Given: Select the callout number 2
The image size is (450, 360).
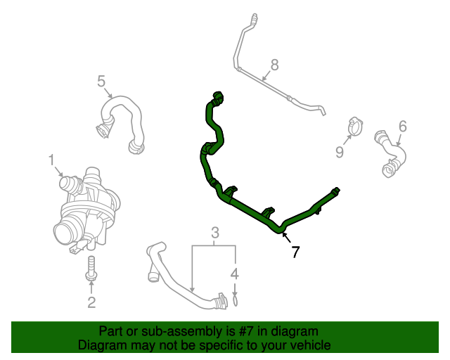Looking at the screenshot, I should pos(91,303).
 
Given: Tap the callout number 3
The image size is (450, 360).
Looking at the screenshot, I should pos(215,233).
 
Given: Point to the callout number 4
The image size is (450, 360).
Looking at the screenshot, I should pos(235,274).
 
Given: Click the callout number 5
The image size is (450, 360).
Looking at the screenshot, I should pos(101,82).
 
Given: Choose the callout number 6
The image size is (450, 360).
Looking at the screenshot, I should pos(402,126).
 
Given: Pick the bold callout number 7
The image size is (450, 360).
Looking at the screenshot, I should pos(295,252).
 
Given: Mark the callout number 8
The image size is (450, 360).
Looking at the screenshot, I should pos(274,65).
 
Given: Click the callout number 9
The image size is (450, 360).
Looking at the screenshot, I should pos(339,152).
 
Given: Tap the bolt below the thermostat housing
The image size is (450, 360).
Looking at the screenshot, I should pos(91,270).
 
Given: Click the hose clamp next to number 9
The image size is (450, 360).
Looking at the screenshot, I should pos(356,127).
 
